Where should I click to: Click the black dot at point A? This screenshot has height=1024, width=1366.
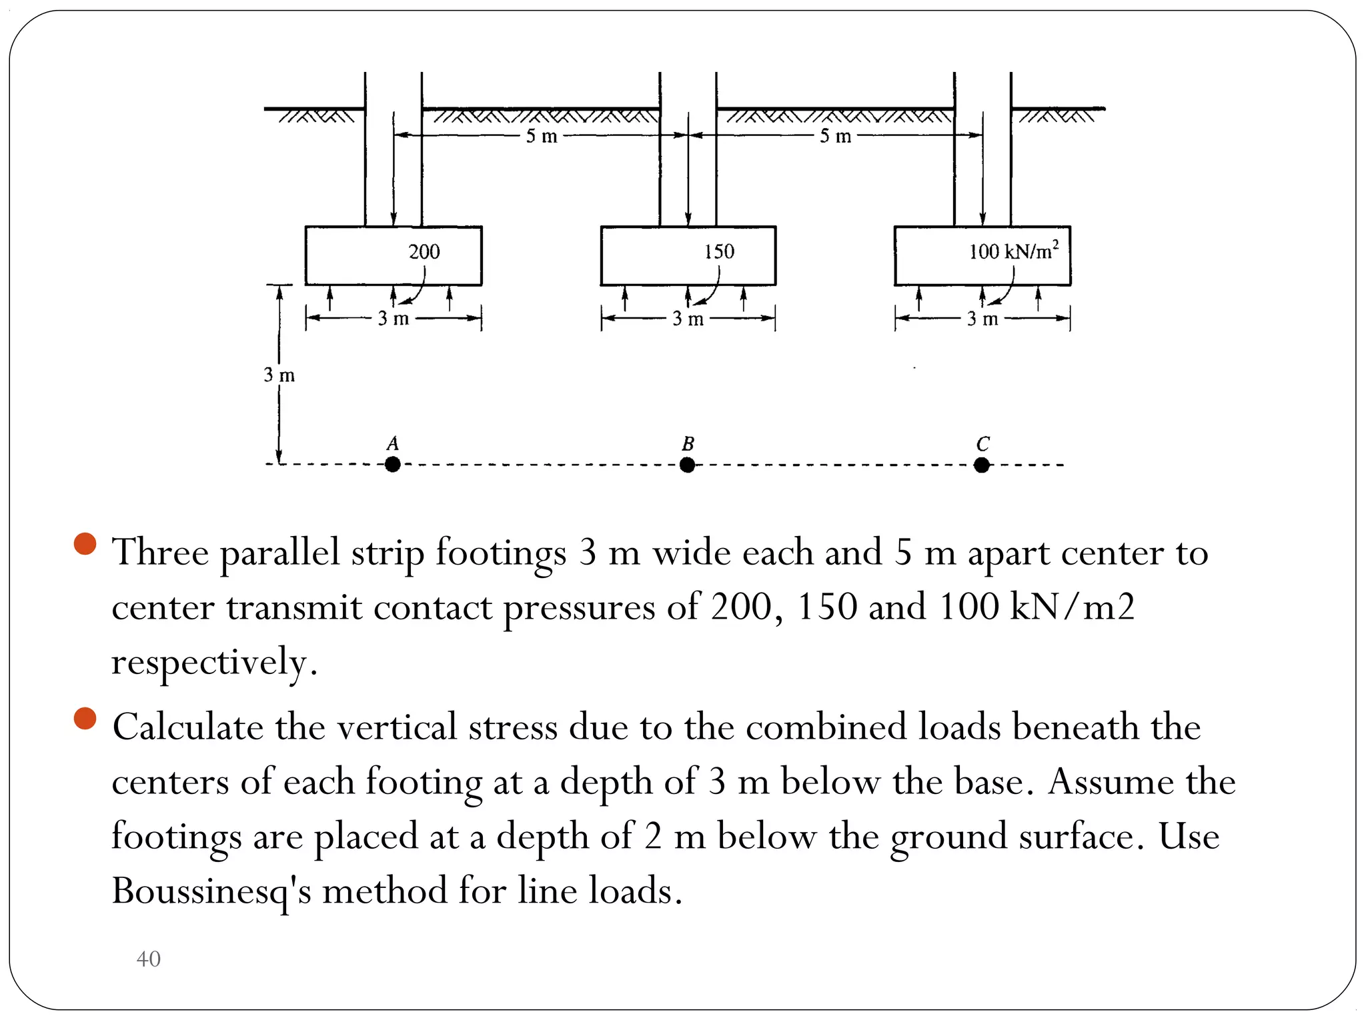(x=393, y=464)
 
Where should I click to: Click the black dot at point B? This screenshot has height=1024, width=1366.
(x=687, y=465)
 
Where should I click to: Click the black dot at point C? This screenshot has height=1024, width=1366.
(x=981, y=465)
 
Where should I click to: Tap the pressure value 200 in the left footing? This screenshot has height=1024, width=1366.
(x=424, y=251)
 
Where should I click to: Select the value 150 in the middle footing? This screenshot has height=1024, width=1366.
(x=719, y=251)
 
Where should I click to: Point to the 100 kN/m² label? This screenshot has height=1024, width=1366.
(x=1013, y=251)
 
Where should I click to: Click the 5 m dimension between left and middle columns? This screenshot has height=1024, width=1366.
(x=541, y=136)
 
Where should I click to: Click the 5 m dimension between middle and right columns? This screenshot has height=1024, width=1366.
(x=835, y=136)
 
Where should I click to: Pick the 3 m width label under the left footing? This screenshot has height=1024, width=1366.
(x=393, y=319)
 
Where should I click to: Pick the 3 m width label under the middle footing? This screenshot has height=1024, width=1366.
(x=688, y=319)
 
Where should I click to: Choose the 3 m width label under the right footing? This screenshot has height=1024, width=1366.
(x=982, y=319)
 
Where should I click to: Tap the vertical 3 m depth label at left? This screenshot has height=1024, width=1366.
(x=279, y=375)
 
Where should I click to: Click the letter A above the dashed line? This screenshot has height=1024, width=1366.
(x=393, y=443)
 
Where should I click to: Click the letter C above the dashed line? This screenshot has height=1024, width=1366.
(x=982, y=443)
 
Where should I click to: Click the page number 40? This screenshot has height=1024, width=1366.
(x=148, y=959)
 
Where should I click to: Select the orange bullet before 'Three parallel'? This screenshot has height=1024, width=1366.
(x=85, y=544)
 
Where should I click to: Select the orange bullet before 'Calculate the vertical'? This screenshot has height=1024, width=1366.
(x=85, y=719)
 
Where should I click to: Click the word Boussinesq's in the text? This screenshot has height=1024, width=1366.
(x=211, y=891)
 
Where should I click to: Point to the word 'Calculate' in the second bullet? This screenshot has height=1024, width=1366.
(x=187, y=727)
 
